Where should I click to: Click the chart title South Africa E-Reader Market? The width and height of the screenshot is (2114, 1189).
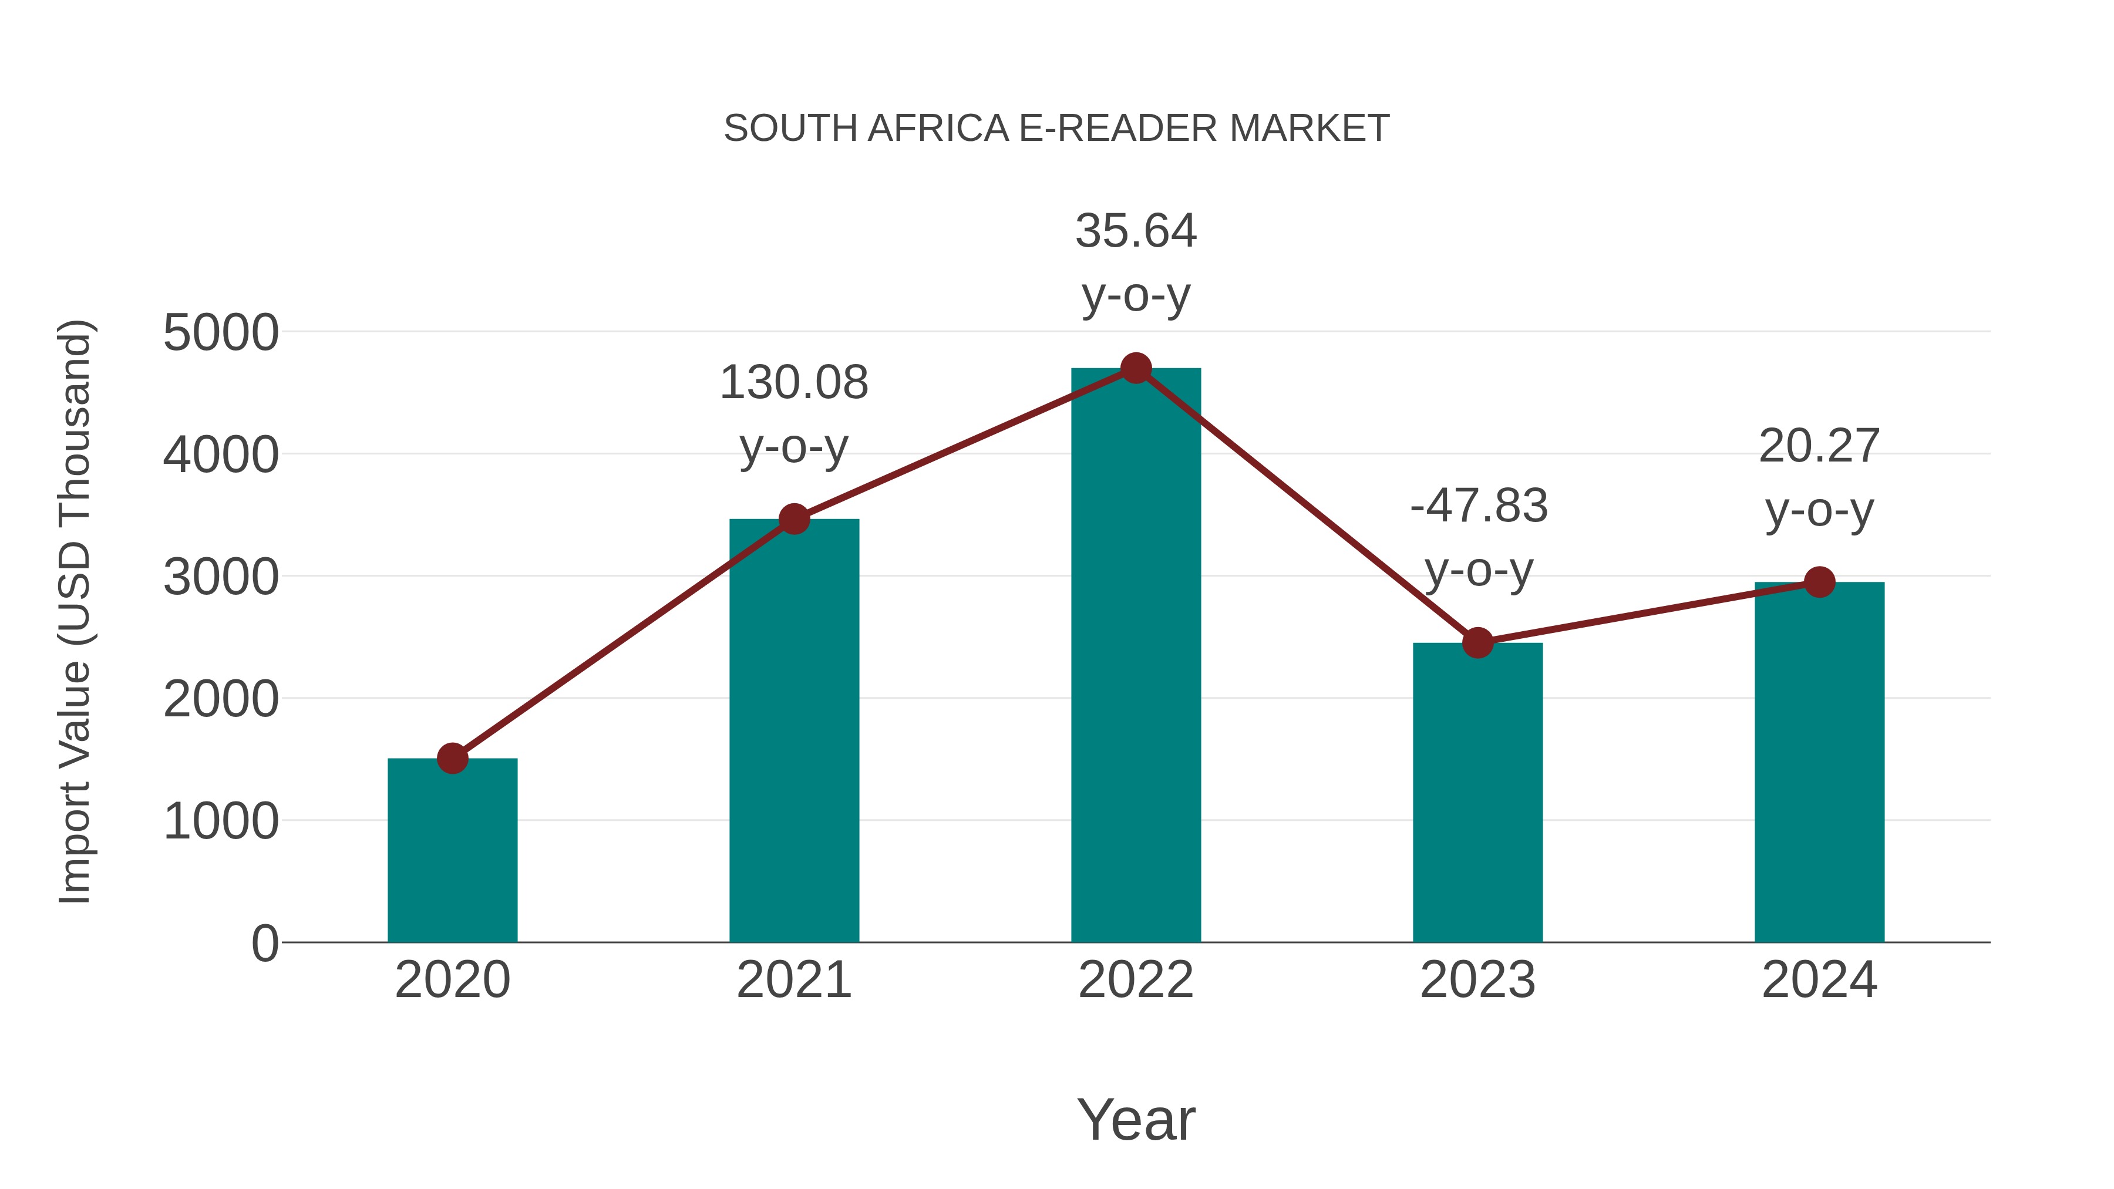tap(1056, 129)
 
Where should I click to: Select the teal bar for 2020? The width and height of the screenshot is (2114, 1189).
tap(452, 853)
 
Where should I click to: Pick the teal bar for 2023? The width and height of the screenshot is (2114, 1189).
tap(1477, 796)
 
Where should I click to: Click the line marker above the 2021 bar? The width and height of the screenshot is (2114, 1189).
tap(793, 518)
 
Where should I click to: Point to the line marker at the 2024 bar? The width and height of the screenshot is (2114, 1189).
tap(1819, 582)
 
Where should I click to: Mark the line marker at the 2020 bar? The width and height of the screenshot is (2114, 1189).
tap(452, 758)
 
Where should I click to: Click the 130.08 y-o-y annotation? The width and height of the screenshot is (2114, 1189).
tap(793, 415)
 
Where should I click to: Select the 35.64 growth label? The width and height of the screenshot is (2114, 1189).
tap(1136, 262)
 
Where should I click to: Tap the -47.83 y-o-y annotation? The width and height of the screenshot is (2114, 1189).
tap(1478, 537)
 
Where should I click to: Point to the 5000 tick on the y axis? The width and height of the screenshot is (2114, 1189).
tap(221, 333)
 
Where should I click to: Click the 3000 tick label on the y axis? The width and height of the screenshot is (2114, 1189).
tap(221, 578)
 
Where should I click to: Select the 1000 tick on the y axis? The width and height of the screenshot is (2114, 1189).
tap(221, 821)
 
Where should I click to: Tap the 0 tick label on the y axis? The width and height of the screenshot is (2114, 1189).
tap(264, 944)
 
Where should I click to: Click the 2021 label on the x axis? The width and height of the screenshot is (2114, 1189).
tap(793, 980)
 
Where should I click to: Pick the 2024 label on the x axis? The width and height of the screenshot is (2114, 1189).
tap(1819, 980)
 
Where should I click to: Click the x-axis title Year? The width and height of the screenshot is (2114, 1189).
tap(1136, 1119)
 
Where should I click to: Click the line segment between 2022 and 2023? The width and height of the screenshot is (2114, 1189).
tap(1307, 506)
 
